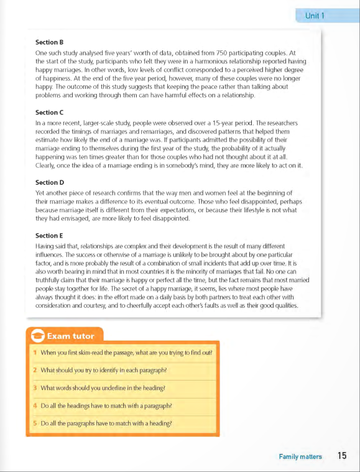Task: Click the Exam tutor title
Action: tap(71, 336)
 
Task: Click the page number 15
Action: tap(342, 456)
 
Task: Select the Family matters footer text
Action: tap(300, 457)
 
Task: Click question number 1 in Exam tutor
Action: tap(35, 353)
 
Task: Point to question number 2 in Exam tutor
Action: tap(35, 370)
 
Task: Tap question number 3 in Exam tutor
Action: tap(35, 388)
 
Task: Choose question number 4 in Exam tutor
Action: tap(35, 405)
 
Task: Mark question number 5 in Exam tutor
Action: tap(35, 423)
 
